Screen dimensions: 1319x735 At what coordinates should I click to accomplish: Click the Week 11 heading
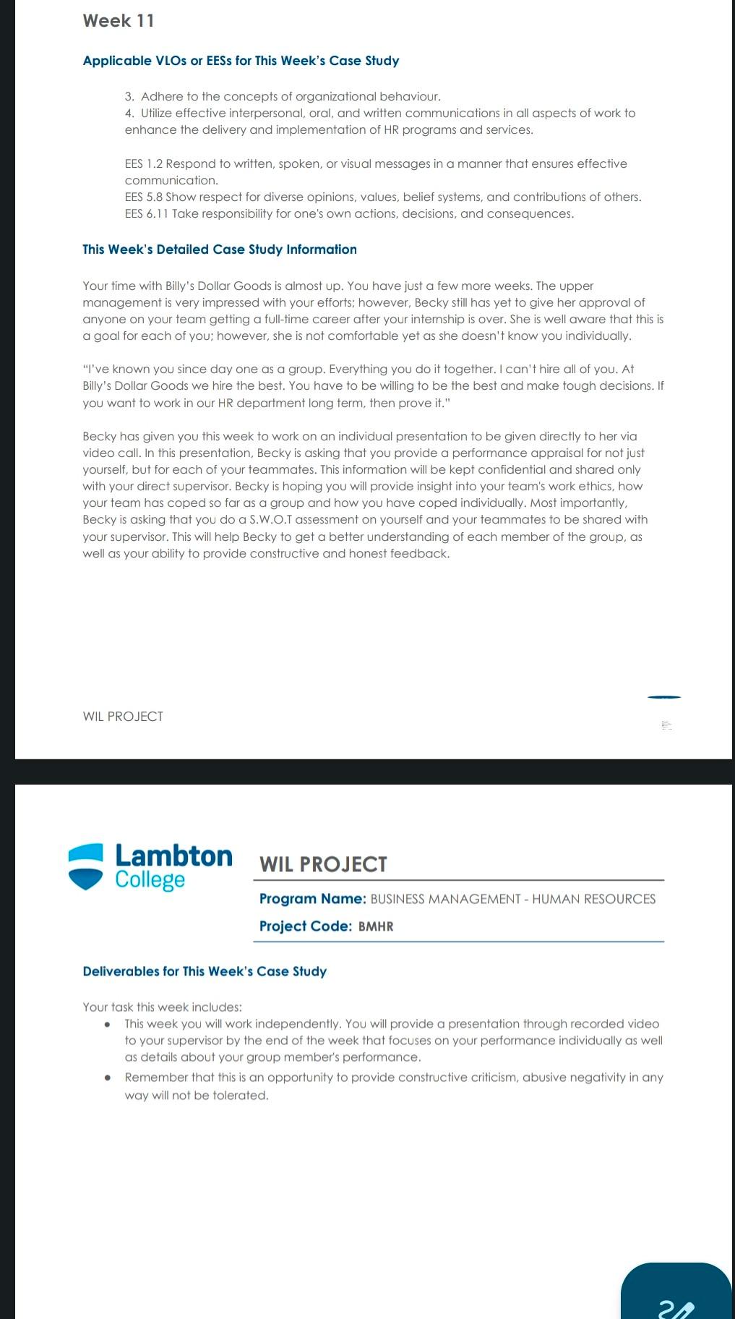pyautogui.click(x=119, y=21)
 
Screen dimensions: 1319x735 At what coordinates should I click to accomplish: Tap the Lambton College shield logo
pyautogui.click(x=85, y=866)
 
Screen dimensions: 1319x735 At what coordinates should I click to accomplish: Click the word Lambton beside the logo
pyautogui.click(x=173, y=856)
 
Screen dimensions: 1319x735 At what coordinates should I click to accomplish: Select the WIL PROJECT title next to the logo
pyautogui.click(x=323, y=864)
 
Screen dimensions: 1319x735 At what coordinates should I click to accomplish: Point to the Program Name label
pyautogui.click(x=312, y=899)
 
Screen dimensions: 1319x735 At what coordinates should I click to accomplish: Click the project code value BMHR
pyautogui.click(x=376, y=926)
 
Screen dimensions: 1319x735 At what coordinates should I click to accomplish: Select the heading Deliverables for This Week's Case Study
pyautogui.click(x=205, y=971)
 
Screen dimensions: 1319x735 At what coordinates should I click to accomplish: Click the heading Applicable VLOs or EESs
pyautogui.click(x=241, y=61)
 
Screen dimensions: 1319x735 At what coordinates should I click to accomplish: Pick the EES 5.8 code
pyautogui.click(x=143, y=197)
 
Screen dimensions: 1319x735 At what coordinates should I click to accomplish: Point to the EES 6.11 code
pyautogui.click(x=146, y=213)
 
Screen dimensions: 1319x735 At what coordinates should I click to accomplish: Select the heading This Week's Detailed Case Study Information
pyautogui.click(x=220, y=249)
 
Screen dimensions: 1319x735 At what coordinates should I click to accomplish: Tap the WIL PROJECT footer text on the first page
pyautogui.click(x=123, y=717)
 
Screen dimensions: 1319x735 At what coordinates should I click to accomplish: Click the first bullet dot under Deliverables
pyautogui.click(x=107, y=1024)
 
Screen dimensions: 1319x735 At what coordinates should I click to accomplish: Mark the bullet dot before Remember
pyautogui.click(x=107, y=1077)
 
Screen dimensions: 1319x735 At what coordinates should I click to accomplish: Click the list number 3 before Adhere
pyautogui.click(x=129, y=96)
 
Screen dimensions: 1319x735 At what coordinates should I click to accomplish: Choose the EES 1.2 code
pyautogui.click(x=143, y=163)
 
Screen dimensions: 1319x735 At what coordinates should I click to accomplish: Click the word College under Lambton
pyautogui.click(x=150, y=880)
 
